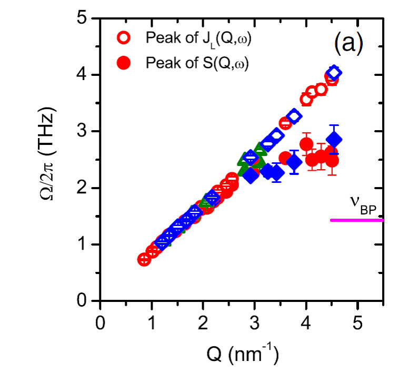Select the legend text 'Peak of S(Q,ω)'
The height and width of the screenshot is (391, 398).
pos(196,63)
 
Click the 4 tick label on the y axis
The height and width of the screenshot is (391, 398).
pos(82,75)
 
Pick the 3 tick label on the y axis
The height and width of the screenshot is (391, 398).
pos(82,132)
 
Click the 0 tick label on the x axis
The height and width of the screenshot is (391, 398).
pos(100,322)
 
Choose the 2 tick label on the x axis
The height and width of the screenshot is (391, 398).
pos(203,322)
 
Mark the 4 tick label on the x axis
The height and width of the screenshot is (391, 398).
pos(306,322)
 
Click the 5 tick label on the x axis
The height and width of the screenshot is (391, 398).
pos(358,322)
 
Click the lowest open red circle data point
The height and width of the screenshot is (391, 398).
pos(144,259)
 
